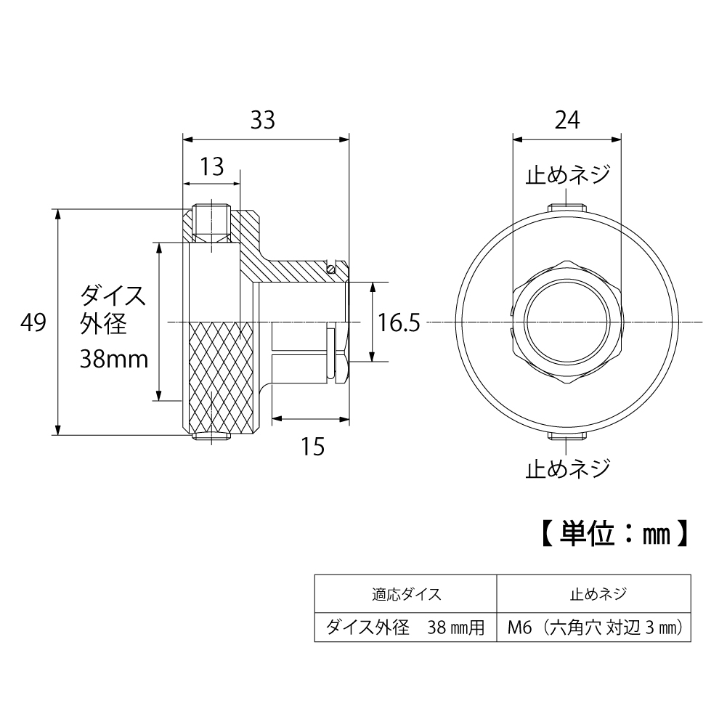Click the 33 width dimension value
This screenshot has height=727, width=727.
click(264, 121)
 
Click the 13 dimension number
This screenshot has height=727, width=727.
click(211, 168)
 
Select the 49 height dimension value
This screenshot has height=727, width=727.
click(33, 322)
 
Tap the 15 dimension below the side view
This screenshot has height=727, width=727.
click(312, 446)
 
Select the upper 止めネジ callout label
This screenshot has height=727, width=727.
click(567, 176)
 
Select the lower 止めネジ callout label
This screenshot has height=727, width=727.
click(567, 467)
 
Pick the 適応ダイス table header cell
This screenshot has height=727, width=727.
click(405, 594)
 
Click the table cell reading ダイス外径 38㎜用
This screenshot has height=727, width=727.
click(405, 627)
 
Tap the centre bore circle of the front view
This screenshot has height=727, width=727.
click(567, 322)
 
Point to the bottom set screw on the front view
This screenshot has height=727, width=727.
click(567, 436)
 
